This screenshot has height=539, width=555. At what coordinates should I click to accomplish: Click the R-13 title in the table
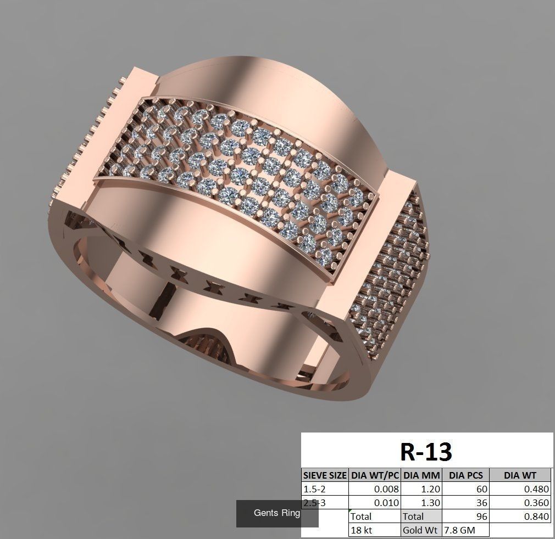click(426, 452)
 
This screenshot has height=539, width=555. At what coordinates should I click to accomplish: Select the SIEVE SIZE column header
click(325, 475)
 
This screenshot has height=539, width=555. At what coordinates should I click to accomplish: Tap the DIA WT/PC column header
click(375, 475)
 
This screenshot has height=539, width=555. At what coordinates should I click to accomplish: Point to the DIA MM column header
click(421, 475)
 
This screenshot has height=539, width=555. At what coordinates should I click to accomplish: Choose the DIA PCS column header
click(465, 475)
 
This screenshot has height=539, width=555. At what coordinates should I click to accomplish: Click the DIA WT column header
click(520, 475)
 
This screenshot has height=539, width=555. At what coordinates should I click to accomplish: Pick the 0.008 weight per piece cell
click(386, 489)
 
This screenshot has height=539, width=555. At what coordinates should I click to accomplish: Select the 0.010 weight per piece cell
click(386, 503)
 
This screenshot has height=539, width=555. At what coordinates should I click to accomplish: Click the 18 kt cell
click(361, 530)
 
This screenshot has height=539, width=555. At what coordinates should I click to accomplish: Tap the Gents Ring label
click(277, 513)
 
